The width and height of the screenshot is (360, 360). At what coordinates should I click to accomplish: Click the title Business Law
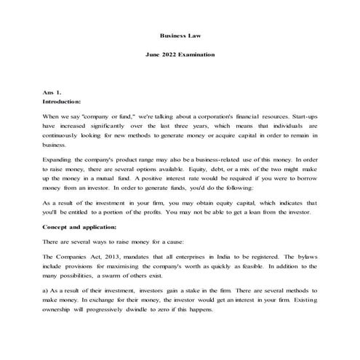180,34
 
